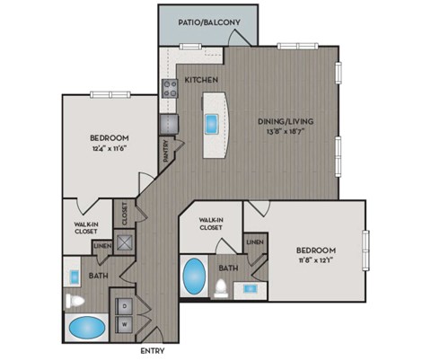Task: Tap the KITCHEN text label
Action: click(x=200, y=80)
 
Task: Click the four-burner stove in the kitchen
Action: click(x=169, y=88)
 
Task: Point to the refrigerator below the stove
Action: click(x=169, y=124)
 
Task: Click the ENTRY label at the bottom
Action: click(x=154, y=351)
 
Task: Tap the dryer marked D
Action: click(x=124, y=305)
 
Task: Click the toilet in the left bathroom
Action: click(x=76, y=299)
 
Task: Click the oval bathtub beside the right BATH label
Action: click(x=192, y=277)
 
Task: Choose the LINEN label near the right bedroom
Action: click(x=255, y=241)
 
